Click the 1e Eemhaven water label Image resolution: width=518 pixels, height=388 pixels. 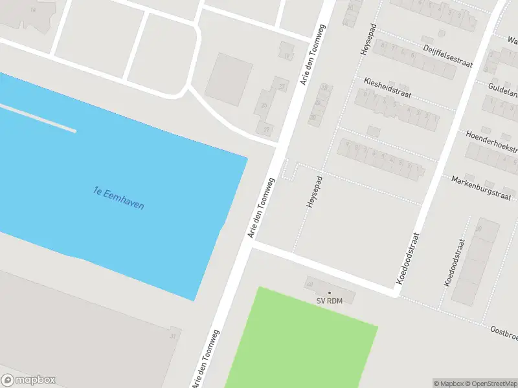(119, 198)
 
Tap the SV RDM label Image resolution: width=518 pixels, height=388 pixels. (329, 301)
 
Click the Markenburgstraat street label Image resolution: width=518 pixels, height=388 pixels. (481, 187)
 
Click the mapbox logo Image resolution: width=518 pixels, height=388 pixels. (28, 380)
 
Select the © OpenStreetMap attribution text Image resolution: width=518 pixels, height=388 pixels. (490, 383)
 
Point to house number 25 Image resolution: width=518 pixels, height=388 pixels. (264, 105)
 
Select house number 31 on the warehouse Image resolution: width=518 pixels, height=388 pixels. (172, 336)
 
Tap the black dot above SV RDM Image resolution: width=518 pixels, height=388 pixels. (329, 293)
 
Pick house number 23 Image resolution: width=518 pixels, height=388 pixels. (281, 87)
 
